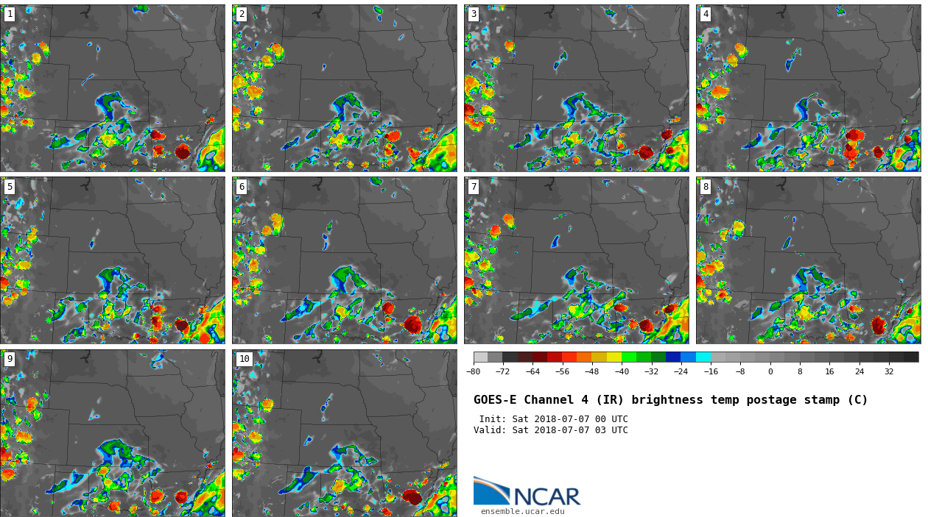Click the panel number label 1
10,14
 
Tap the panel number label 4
706,14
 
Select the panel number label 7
474,187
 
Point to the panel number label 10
244,359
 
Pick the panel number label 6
242,187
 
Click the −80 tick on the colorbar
474,371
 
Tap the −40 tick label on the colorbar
622,371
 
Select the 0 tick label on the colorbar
770,371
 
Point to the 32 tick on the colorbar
889,371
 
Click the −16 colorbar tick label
711,371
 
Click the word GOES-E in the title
495,400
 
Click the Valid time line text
550,430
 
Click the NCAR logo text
546,497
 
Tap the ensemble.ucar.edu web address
522,512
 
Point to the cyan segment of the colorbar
703,357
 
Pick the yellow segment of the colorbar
614,357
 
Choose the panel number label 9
10,359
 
